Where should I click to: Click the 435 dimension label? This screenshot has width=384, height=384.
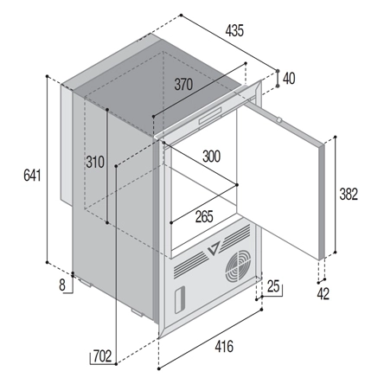click(234, 30)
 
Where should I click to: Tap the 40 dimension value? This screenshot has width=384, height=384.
click(289, 79)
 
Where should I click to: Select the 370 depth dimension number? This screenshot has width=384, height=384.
click(183, 85)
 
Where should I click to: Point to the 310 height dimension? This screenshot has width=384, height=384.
click(95, 162)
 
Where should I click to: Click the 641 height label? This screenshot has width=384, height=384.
click(32, 176)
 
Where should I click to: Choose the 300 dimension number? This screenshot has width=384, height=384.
click(211, 157)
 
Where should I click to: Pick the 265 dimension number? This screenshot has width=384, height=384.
click(204, 217)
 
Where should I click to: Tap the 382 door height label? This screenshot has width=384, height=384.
click(349, 194)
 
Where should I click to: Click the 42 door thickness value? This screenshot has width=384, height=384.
click(323, 294)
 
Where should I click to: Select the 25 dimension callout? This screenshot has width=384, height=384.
click(273, 286)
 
